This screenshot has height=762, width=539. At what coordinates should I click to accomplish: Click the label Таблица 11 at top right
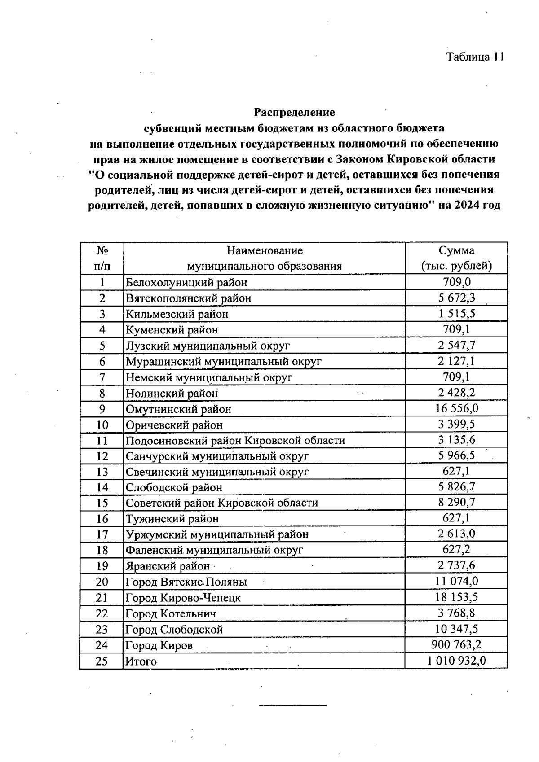tap(475, 57)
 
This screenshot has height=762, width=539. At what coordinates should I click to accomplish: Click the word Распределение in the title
tap(294, 111)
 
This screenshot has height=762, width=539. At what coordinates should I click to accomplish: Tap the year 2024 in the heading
tap(467, 206)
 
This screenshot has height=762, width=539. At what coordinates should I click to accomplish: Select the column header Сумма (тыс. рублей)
tap(456, 258)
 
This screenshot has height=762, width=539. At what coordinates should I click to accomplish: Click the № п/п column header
tap(102, 258)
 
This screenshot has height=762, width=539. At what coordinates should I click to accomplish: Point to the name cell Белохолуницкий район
tap(186, 283)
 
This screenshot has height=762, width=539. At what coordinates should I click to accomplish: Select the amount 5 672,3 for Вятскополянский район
tap(456, 298)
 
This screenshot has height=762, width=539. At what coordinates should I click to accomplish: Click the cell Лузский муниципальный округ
tap(208, 346)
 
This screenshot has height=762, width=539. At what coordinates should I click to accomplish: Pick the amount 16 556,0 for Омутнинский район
tap(456, 408)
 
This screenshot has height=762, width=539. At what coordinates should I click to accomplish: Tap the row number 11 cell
tap(102, 440)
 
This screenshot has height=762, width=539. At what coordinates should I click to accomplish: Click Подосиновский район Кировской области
tap(235, 440)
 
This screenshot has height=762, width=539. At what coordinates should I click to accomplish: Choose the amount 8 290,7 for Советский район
tap(456, 503)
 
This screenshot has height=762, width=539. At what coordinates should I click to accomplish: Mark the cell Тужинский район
tap(172, 519)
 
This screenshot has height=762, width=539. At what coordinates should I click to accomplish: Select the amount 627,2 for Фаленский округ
tap(456, 549)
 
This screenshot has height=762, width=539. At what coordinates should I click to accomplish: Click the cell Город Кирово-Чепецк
tap(183, 598)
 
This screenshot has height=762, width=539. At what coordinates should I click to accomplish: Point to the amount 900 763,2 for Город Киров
tap(456, 645)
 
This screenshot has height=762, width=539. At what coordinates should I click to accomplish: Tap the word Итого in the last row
tap(141, 661)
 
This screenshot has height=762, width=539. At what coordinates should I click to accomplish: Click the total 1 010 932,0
tap(456, 661)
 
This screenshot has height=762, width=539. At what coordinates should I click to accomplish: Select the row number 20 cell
tap(102, 582)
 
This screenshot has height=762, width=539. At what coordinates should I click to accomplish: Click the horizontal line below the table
tap(292, 706)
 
